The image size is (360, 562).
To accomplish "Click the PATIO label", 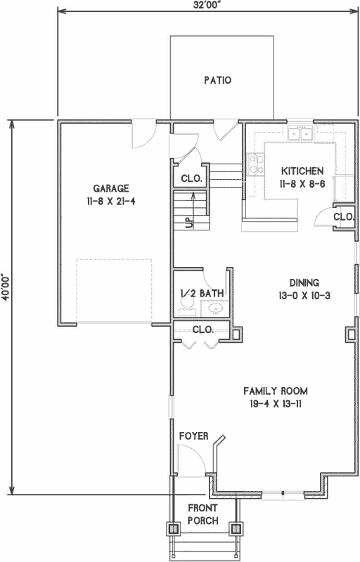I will (217, 80).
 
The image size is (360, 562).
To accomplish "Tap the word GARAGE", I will (111, 188).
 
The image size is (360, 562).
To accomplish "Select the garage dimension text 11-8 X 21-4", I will (111, 200).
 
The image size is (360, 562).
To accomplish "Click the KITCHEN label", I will (302, 171).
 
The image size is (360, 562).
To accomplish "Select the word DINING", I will (304, 282).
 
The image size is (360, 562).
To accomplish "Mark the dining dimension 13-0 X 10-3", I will (304, 295).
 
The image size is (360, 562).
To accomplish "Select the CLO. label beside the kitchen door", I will (343, 217).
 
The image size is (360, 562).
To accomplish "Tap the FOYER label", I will (193, 436).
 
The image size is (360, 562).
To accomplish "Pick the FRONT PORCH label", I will (202, 514).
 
